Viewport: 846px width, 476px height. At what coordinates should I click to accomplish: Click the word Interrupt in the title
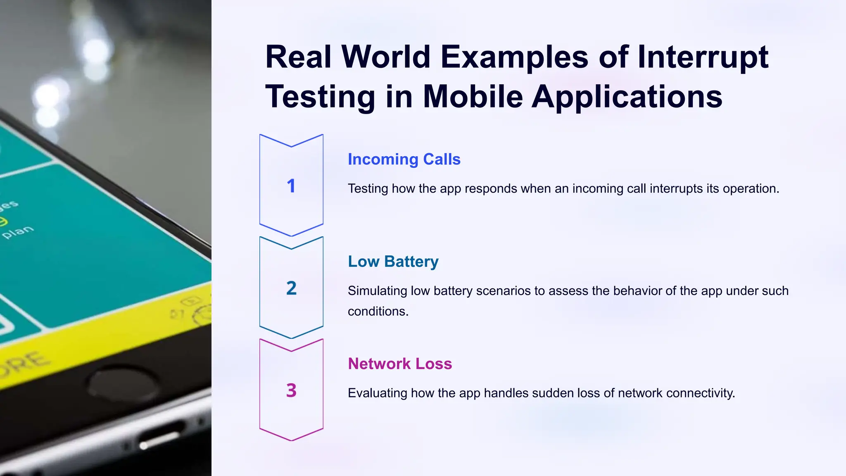703,57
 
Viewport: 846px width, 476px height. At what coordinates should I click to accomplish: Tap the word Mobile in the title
473,97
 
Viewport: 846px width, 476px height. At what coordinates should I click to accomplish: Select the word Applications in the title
627,97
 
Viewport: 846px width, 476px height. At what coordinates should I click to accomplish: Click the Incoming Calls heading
404,159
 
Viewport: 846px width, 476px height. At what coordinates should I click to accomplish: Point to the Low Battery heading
393,262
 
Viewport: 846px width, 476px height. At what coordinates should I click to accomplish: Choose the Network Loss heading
400,364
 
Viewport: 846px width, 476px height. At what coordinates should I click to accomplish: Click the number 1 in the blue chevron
291,186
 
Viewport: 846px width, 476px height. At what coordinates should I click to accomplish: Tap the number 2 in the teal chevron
291,288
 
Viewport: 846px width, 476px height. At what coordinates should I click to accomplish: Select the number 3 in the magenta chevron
291,390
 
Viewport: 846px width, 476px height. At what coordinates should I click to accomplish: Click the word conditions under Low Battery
378,311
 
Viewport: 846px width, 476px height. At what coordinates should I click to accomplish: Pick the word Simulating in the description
378,291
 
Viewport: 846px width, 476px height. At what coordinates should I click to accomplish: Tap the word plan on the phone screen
18,232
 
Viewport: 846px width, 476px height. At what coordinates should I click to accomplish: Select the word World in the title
386,57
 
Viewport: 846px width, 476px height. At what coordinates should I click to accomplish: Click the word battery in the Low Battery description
453,291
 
